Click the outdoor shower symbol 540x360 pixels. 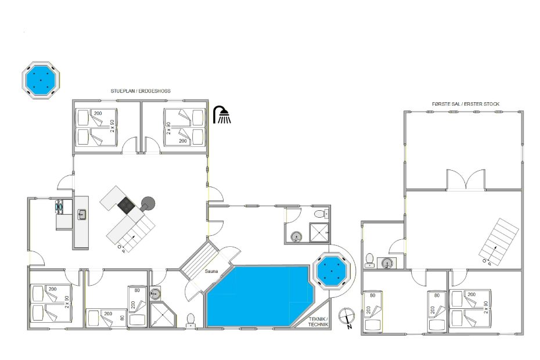coord(222,115)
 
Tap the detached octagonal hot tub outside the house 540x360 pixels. coord(41,81)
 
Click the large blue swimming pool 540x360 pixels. coord(260,296)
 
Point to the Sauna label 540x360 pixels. coord(211,271)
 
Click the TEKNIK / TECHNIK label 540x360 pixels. coord(318,322)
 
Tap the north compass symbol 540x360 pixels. coord(347,317)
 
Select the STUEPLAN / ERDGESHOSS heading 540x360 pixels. coord(141,91)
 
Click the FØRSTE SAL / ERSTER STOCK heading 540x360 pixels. coord(466,104)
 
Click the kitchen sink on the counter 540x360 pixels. coord(82,214)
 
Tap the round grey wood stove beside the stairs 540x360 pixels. coord(147,203)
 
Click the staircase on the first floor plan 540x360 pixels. coord(498,243)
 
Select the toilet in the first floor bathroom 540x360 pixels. coord(369,261)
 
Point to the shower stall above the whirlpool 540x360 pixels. coord(319,232)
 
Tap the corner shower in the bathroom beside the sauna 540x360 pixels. coord(163,314)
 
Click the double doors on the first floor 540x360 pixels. coord(466,179)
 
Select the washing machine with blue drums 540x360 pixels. coord(58,207)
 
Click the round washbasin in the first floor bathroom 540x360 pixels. coord(386,264)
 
